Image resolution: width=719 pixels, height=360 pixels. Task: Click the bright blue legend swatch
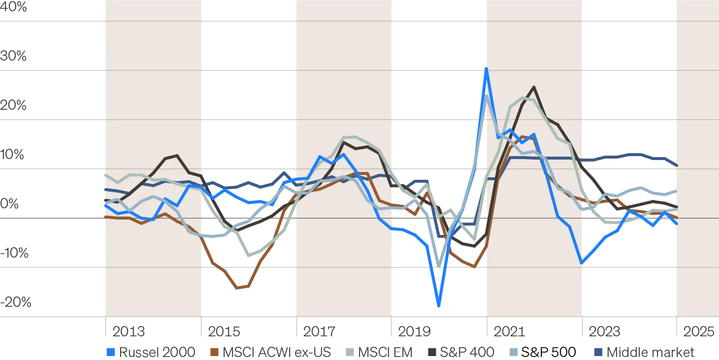(112, 353)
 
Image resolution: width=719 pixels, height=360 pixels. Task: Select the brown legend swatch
(214, 353)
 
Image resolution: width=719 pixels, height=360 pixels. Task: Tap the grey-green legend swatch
(348, 353)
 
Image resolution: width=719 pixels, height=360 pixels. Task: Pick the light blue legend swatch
(513, 353)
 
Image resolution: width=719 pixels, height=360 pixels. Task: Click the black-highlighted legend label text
(549, 353)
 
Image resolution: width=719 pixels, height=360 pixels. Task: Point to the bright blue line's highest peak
(486, 69)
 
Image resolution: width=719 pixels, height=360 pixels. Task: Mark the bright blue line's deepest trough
(438, 305)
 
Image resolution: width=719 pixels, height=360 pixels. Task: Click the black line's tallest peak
(533, 87)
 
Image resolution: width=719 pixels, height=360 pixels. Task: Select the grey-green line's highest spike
(487, 96)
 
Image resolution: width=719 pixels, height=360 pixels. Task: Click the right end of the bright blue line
(676, 224)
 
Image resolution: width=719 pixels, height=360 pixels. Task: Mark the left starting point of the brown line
(104, 216)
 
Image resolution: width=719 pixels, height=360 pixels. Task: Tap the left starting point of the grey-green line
(104, 175)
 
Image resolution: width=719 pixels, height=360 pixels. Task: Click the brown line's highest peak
(522, 136)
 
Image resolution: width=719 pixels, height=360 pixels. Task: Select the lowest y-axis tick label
(16, 301)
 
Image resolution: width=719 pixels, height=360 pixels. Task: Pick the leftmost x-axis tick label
(127, 330)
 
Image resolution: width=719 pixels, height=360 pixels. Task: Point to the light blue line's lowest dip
(438, 261)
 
